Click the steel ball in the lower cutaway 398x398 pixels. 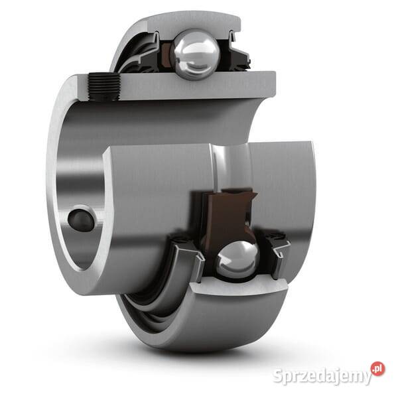pyautogui.click(x=237, y=259)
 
